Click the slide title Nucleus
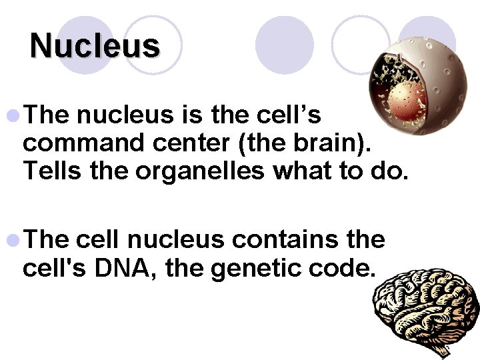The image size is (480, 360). pos(95,46)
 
